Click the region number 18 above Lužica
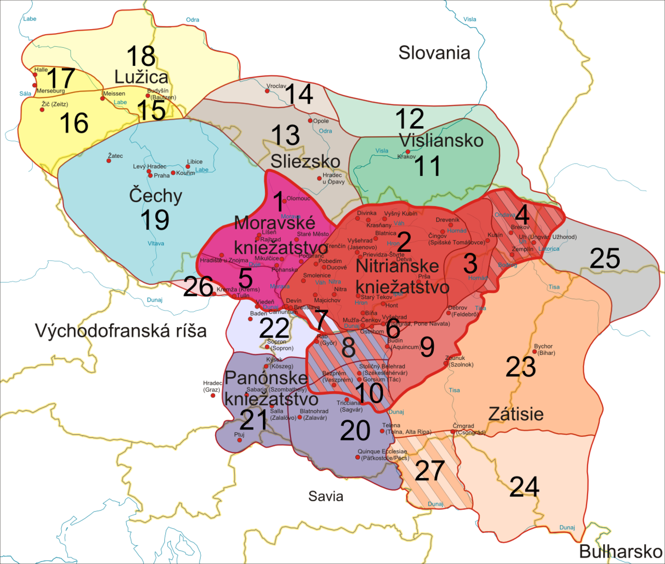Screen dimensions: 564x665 [x=141, y=56]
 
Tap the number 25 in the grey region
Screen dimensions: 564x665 [x=605, y=258]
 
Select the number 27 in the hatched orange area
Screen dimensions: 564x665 [x=430, y=471]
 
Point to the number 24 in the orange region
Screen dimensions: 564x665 [x=524, y=487]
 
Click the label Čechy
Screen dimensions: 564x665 [x=155, y=196]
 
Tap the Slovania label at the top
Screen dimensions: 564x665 [x=434, y=53]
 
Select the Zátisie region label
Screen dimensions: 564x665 [x=516, y=414]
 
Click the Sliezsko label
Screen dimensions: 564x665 [x=305, y=161]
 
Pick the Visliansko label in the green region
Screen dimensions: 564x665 [x=441, y=140]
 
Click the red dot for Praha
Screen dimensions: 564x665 [x=150, y=176]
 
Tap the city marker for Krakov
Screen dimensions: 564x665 [x=408, y=151]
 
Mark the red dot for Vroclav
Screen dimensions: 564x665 [x=268, y=91]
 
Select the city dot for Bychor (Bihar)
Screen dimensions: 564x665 [x=535, y=352]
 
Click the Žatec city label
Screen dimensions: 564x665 [x=115, y=155]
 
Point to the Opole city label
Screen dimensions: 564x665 [x=321, y=121]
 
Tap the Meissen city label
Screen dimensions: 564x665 [x=114, y=93]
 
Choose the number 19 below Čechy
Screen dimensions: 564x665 [x=155, y=220]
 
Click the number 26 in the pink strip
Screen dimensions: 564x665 [x=198, y=286]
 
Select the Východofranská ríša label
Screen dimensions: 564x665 [x=121, y=331]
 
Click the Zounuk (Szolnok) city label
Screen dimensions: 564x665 [x=459, y=361]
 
